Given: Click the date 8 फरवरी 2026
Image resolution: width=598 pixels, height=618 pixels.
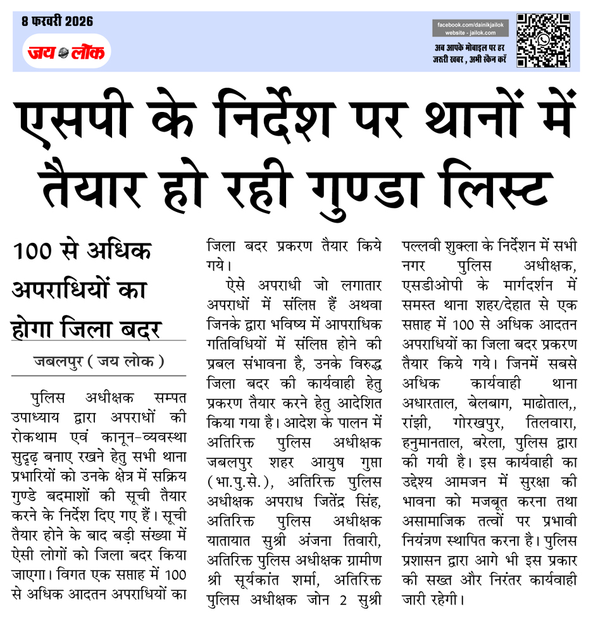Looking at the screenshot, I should (58, 22).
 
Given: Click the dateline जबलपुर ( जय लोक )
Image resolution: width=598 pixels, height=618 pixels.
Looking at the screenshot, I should (99, 362).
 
